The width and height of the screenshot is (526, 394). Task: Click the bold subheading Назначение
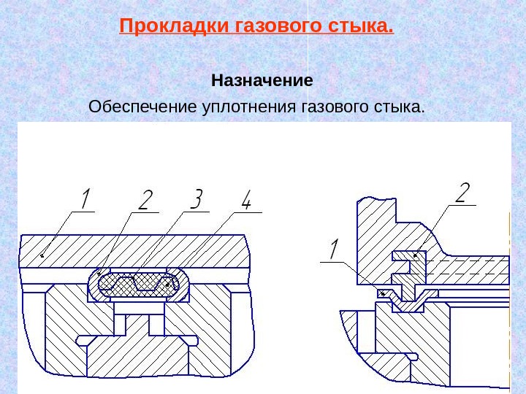[x=262, y=79]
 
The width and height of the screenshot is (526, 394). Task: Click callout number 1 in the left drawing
[x=85, y=199]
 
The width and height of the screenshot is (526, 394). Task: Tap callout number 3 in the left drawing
[x=195, y=199]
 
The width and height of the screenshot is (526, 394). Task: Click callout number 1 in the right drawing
[x=334, y=250]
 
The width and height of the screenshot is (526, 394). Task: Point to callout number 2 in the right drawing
[x=462, y=193]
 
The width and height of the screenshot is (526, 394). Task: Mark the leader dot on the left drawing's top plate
[x=42, y=255]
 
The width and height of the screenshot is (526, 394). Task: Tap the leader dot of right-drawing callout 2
[x=416, y=255]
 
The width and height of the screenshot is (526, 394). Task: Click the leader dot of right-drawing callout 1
[x=383, y=293]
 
